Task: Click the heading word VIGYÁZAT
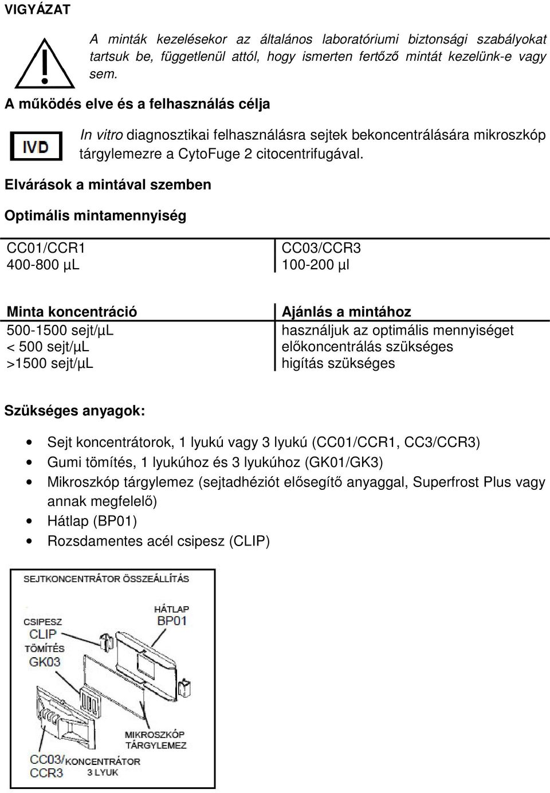[38, 9]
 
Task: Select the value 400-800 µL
[43, 265]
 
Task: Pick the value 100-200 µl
[315, 265]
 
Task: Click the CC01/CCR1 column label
[46, 248]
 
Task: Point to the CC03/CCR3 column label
[321, 248]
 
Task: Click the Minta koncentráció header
[72, 312]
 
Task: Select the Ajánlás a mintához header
[346, 312]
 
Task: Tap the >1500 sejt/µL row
[50, 363]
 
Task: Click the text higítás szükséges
[338, 363]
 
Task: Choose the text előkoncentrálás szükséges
[367, 347]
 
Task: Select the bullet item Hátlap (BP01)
[92, 521]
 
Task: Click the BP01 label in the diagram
[172, 621]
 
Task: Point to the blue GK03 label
[45, 662]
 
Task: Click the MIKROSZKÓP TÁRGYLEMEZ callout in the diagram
[155, 740]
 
